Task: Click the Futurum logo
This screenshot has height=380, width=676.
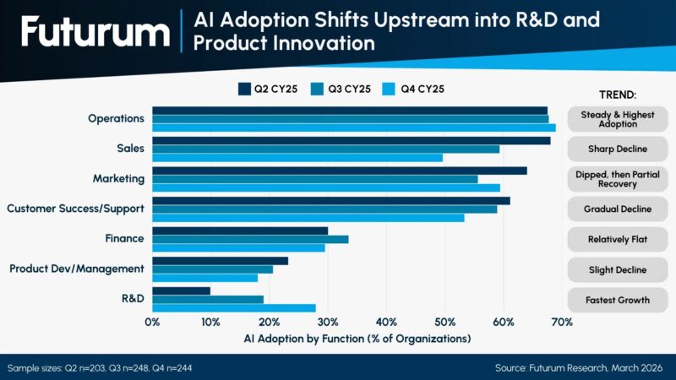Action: [95, 33]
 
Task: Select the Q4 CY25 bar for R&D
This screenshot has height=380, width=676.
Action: [234, 308]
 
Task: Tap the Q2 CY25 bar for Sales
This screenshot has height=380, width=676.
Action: [351, 140]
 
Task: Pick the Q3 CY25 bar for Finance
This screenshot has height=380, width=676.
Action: [250, 239]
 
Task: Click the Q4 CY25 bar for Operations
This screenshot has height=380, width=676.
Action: [354, 128]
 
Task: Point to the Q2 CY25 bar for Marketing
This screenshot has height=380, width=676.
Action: [340, 171]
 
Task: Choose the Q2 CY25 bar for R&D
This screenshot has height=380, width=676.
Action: [182, 290]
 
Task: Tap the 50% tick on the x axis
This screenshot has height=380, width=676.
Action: [444, 322]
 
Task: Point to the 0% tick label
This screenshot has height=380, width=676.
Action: [153, 322]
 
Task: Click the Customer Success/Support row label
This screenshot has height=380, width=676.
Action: [75, 208]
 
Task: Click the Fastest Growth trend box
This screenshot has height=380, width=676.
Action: [617, 300]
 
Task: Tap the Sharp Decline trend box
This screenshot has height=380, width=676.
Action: [617, 149]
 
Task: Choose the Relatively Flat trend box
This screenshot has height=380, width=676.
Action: [617, 239]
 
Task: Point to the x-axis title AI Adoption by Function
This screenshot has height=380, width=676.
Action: [357, 339]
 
